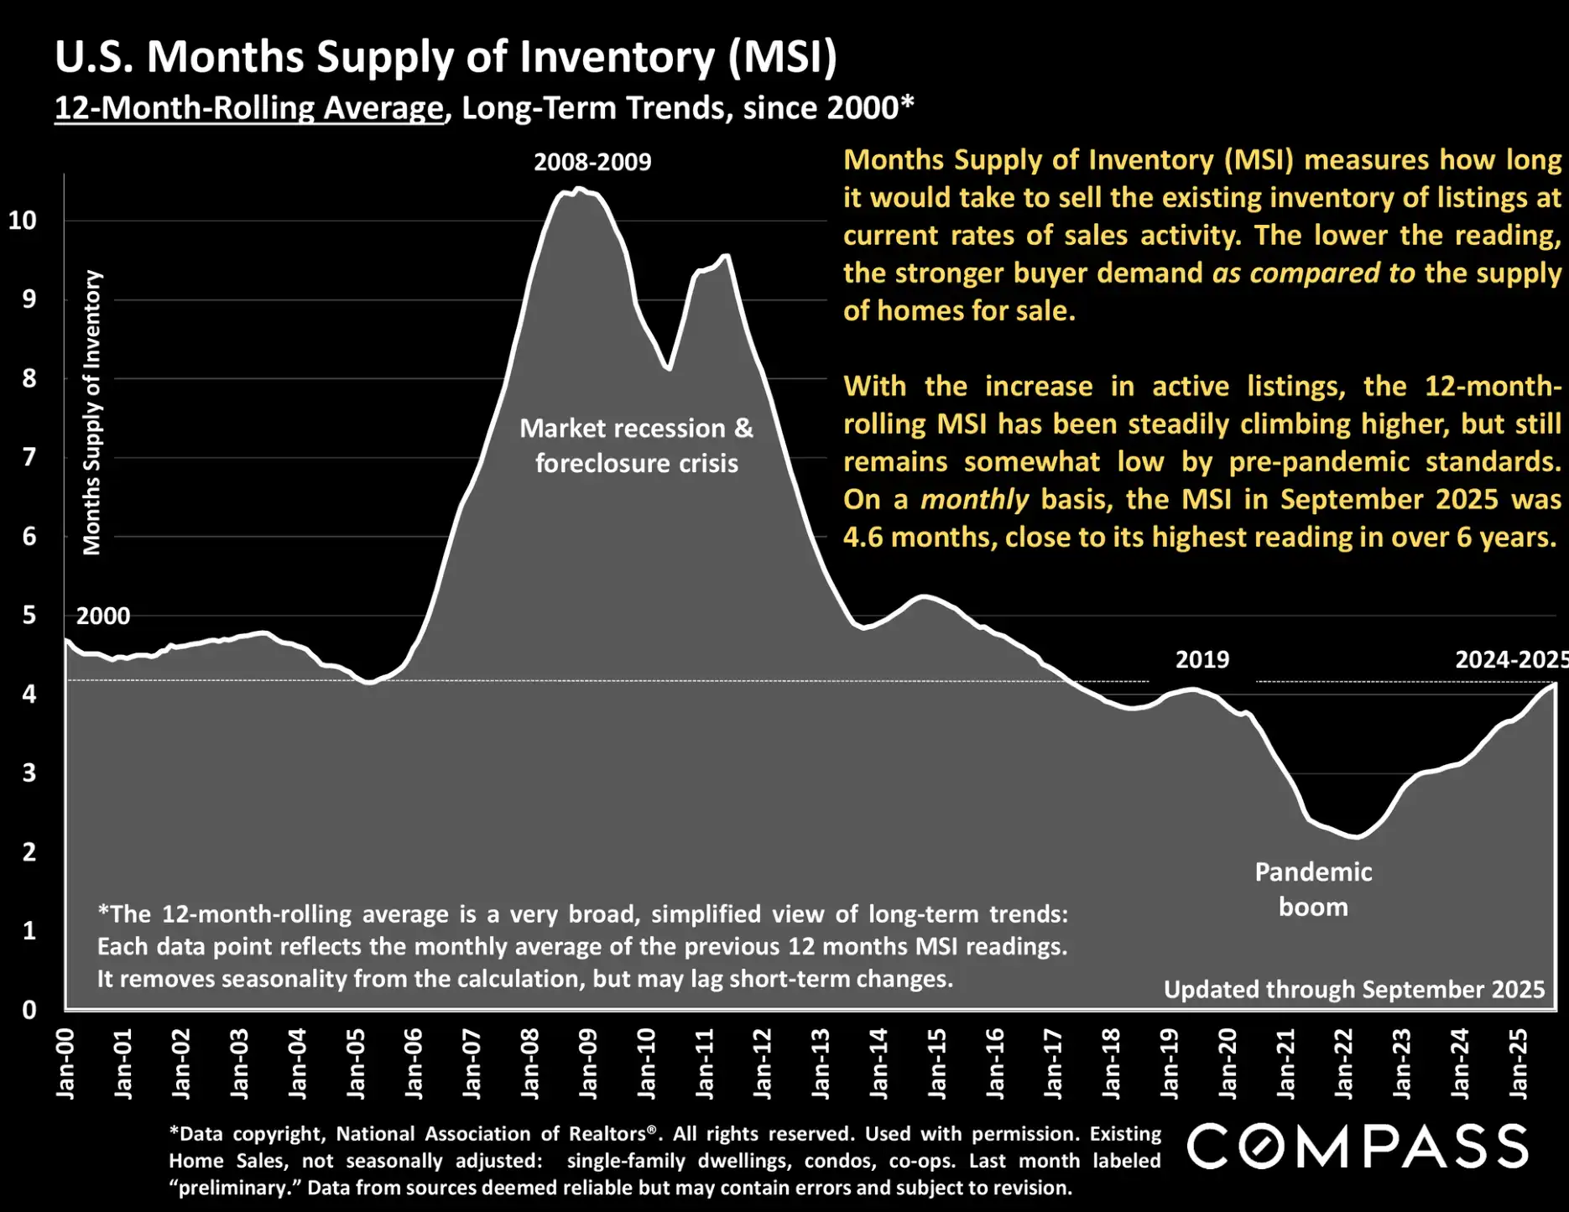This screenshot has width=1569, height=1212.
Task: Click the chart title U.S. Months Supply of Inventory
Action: (x=446, y=57)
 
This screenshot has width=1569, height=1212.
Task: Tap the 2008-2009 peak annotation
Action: (x=592, y=162)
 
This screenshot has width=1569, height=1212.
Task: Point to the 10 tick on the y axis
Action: (x=23, y=221)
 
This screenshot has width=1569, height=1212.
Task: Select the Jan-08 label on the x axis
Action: (x=530, y=1063)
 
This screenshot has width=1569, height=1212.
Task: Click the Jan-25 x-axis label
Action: (x=1519, y=1063)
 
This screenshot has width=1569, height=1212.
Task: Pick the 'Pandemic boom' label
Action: (x=1313, y=889)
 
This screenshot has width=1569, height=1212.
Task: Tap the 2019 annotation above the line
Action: (x=1202, y=659)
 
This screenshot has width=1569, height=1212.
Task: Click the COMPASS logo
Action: (x=1357, y=1146)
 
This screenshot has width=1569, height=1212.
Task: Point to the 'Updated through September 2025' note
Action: (x=1353, y=990)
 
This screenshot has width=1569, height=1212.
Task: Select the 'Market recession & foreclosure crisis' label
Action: (x=636, y=445)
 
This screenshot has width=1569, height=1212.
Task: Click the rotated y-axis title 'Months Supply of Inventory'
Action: (x=91, y=413)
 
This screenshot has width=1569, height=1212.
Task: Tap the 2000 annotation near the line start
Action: (x=103, y=616)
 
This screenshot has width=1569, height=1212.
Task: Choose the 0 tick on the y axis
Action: (x=29, y=1010)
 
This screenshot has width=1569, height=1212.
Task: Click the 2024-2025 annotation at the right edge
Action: (x=1510, y=659)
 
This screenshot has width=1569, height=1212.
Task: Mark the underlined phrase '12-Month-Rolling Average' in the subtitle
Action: (x=248, y=108)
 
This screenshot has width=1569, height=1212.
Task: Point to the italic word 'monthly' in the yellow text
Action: (x=974, y=500)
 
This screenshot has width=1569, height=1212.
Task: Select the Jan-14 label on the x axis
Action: (x=879, y=1063)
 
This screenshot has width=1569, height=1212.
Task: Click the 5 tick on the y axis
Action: (x=29, y=615)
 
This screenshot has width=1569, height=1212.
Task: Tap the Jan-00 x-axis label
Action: (x=65, y=1063)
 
